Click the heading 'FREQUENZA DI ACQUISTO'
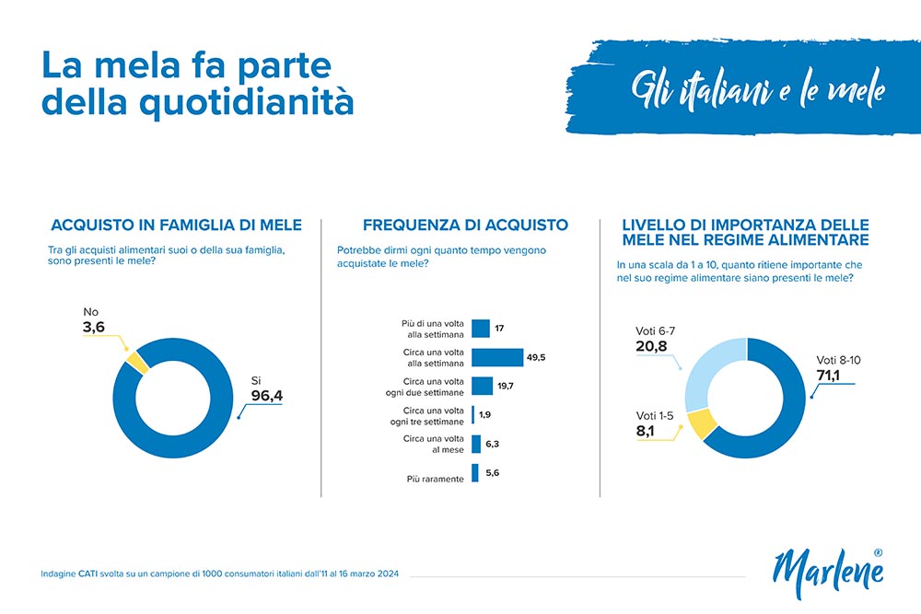pos(465,225)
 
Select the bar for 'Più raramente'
pos(475,473)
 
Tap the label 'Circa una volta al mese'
pos(433,445)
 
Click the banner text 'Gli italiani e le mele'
pos(757,89)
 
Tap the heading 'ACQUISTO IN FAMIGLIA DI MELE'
pos(176,225)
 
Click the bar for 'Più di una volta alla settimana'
pos(481,328)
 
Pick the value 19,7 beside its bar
pos(508,386)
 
